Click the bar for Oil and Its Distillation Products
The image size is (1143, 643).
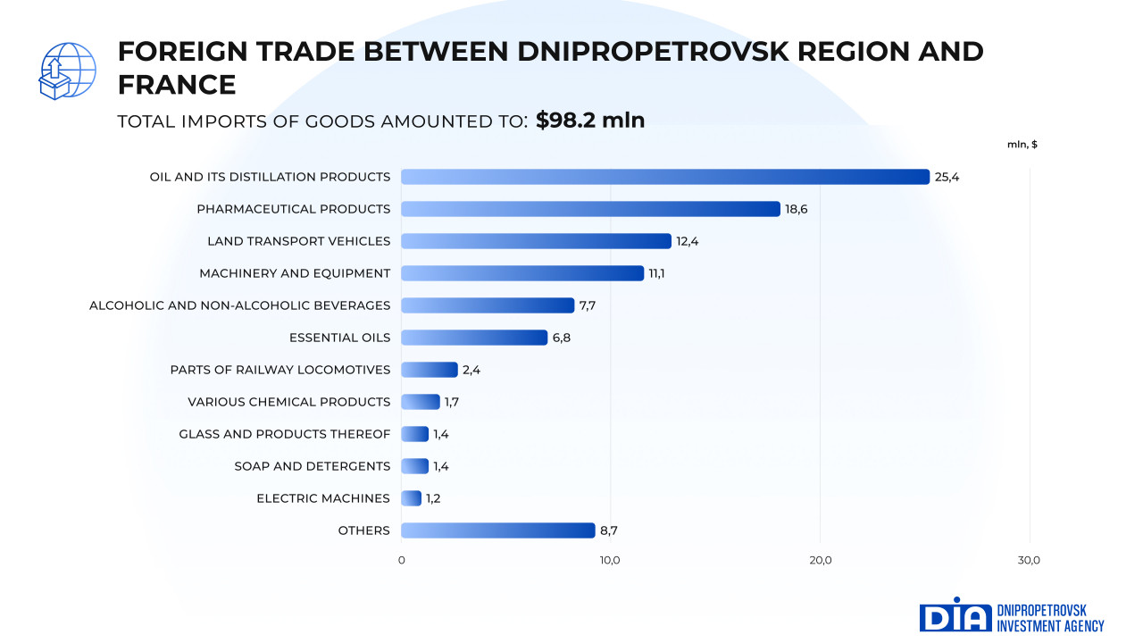point(665,177)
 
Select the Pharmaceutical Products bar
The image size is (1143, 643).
point(590,209)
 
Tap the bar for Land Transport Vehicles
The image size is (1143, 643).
point(536,241)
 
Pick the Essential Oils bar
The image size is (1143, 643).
point(474,338)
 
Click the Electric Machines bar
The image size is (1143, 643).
point(412,498)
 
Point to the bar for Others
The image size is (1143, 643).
point(497,530)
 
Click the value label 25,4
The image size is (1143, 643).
point(947,177)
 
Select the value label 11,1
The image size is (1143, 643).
point(656,273)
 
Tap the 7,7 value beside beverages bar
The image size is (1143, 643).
point(587,305)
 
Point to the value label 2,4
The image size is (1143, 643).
point(471,370)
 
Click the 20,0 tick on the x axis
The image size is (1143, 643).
point(820,560)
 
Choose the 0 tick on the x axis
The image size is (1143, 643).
point(401,560)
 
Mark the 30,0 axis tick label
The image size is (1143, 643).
point(1029,560)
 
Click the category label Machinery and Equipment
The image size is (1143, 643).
point(295,273)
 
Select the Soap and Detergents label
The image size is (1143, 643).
point(313,466)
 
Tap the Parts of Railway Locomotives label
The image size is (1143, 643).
point(280,370)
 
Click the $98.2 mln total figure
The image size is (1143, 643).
point(590,120)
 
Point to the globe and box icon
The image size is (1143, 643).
point(67,71)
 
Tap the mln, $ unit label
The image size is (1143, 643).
point(1022,145)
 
